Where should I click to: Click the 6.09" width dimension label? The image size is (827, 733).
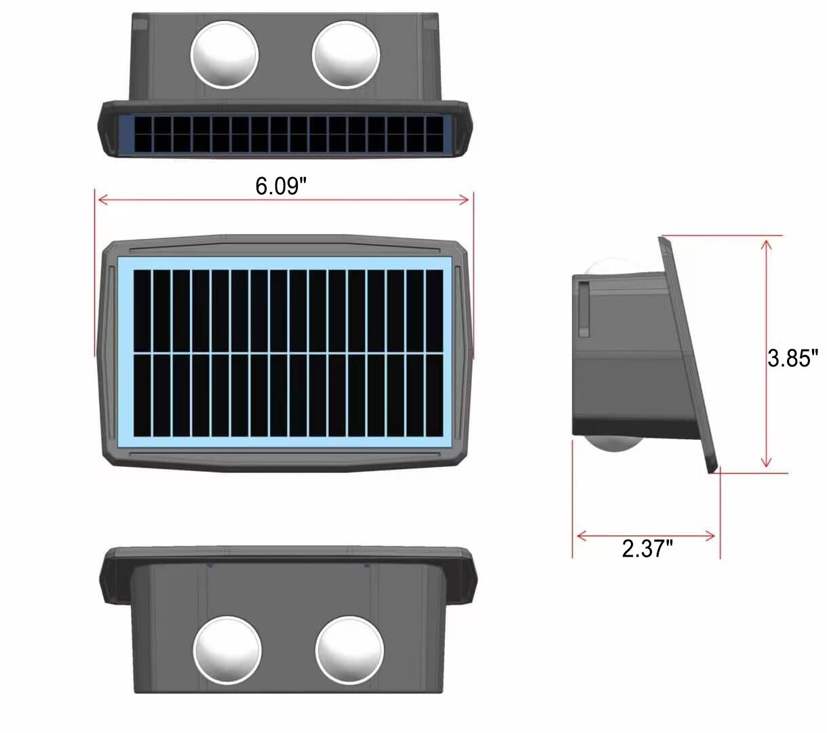280,186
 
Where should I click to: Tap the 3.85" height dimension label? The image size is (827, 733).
792,358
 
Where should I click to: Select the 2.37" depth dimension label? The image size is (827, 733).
647,548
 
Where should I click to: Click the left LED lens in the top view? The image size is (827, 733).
225,55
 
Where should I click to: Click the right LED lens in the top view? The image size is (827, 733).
346,55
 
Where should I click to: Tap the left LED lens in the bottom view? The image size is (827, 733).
227,650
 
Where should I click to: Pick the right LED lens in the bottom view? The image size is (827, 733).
349,650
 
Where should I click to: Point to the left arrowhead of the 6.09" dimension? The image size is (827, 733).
103,200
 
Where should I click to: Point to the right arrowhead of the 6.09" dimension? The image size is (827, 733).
464,200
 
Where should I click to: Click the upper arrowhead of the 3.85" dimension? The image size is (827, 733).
766,246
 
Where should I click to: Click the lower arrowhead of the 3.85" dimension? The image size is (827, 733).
766,462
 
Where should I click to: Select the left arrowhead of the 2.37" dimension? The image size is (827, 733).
581,536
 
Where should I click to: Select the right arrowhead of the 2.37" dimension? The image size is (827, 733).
710,536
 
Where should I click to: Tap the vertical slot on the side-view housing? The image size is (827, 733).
584,309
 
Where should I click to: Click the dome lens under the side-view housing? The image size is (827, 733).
615,445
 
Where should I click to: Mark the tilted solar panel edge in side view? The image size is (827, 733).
689,354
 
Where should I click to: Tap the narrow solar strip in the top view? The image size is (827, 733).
288,135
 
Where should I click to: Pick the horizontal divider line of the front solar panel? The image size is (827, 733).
288,352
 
